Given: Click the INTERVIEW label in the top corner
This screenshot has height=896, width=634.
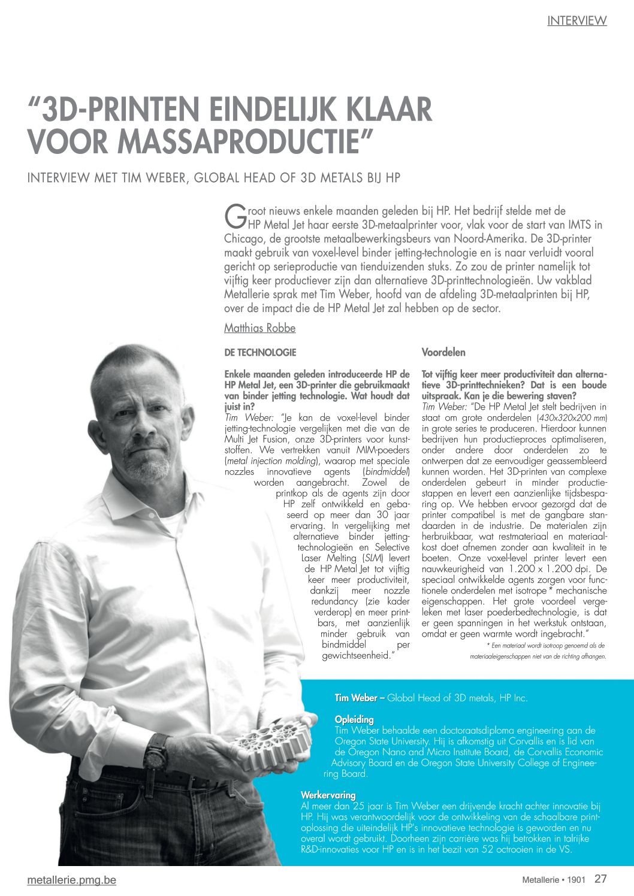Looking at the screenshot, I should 576,20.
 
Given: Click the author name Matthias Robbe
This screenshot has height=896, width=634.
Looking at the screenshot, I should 259,328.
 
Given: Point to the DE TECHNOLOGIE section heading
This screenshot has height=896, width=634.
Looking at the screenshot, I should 260,352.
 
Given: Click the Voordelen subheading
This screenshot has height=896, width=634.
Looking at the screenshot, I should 443,352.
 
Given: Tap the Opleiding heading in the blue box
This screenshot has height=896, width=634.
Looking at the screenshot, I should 354,719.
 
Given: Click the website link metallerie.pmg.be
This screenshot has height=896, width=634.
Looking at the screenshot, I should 71,880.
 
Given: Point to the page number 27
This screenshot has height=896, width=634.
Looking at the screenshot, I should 600,879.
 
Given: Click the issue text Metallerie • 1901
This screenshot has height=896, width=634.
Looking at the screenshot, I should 553,880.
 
